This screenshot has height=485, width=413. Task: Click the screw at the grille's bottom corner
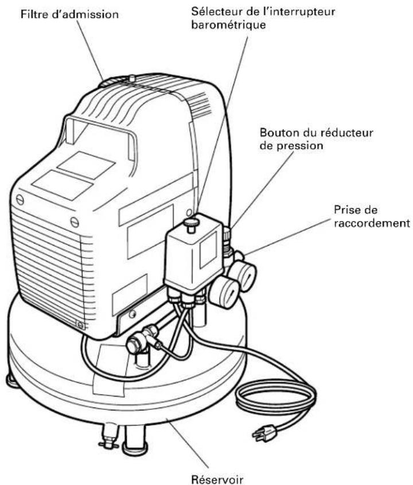(81, 325)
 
